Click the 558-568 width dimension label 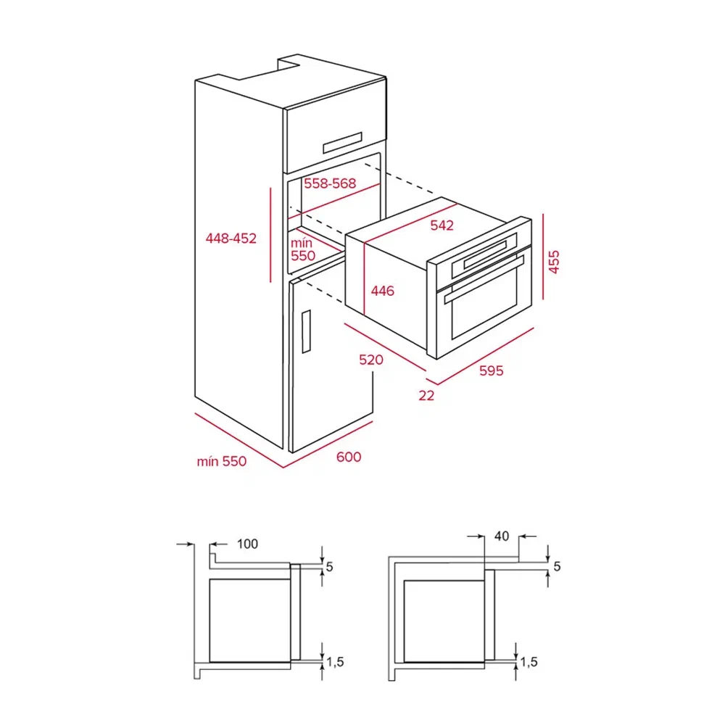click(330, 183)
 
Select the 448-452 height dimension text click(231, 238)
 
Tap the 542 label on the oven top click(442, 225)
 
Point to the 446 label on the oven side click(382, 291)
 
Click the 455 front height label click(555, 262)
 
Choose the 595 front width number click(491, 370)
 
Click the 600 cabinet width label click(349, 457)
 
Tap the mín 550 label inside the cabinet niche click(303, 249)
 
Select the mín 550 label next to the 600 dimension click(221, 462)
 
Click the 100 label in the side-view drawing click(247, 544)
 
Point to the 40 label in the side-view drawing click(502, 536)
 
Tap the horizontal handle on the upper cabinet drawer click(341, 142)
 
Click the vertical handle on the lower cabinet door click(306, 331)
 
